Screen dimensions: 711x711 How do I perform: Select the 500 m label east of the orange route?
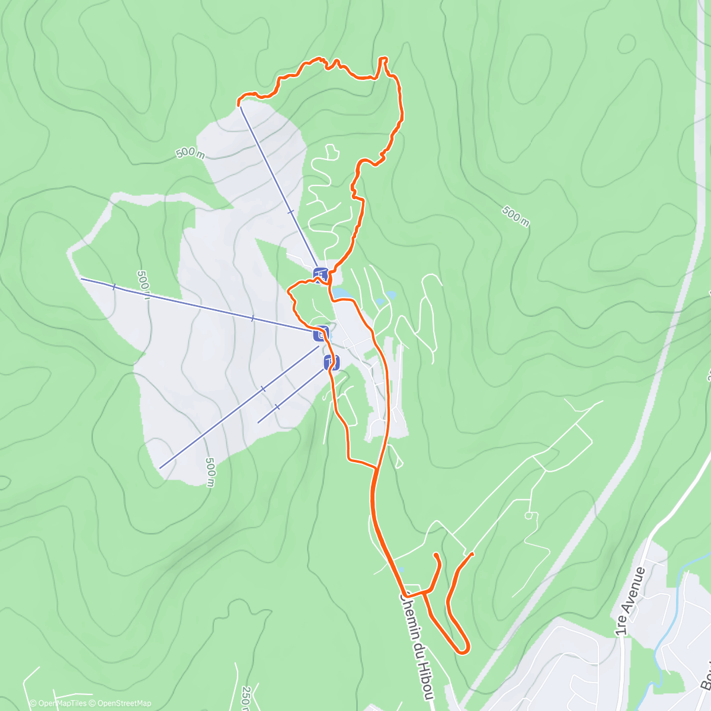(515, 216)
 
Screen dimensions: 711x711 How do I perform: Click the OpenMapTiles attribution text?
(58, 703)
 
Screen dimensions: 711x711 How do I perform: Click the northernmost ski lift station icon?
(321, 274)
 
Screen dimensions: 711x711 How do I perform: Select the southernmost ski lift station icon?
(332, 361)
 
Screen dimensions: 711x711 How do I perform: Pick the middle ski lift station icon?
(321, 333)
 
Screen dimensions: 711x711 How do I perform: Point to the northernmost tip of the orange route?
(383, 58)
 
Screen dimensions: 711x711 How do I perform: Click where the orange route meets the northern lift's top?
(239, 105)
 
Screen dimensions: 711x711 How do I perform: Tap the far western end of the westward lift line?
(81, 278)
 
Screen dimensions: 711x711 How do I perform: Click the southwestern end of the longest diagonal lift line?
(160, 468)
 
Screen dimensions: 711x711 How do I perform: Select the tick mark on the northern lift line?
(290, 212)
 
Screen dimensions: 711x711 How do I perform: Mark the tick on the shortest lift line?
(277, 407)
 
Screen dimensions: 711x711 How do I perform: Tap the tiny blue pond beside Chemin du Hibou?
(401, 569)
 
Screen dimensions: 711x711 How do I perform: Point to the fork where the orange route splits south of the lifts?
(377, 469)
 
